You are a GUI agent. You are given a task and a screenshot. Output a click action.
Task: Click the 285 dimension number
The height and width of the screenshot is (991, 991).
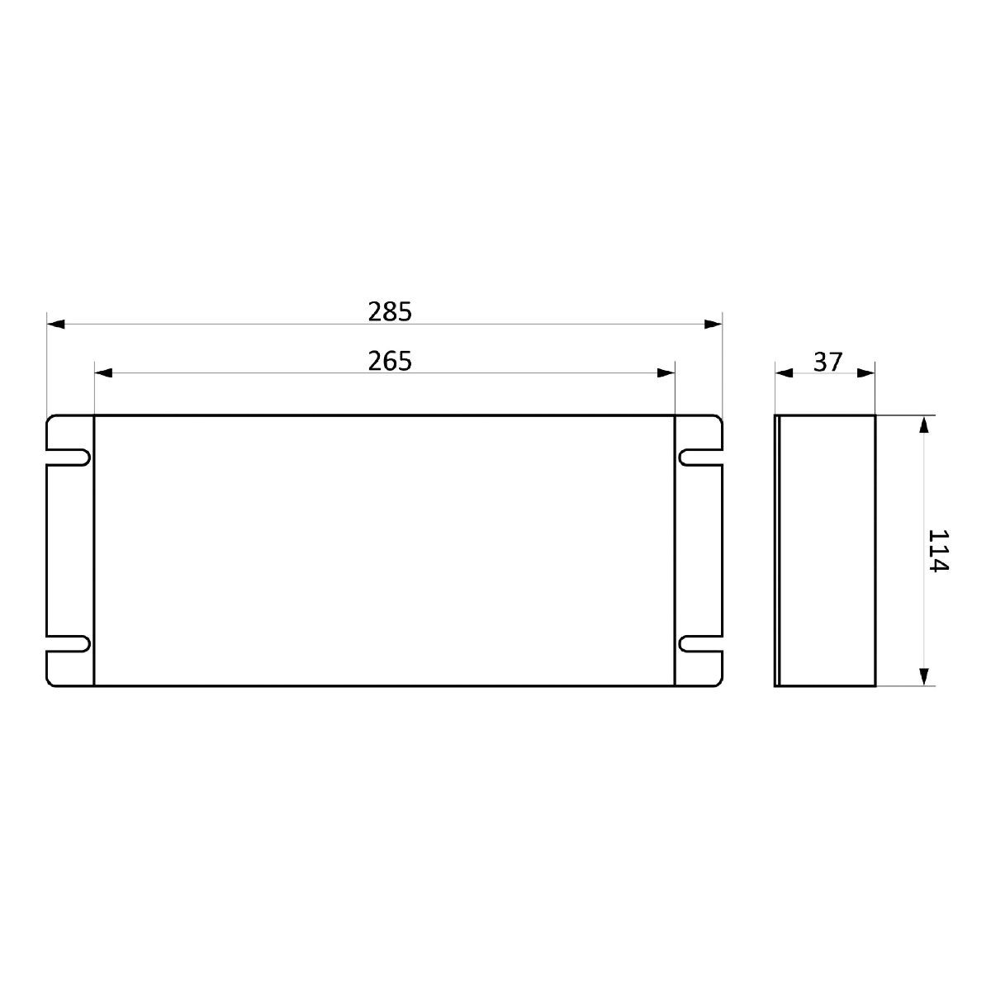click(390, 311)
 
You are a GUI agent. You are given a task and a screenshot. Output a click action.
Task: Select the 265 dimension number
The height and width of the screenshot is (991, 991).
click(390, 361)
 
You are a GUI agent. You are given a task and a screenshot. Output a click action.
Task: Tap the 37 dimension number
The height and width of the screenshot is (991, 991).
click(828, 362)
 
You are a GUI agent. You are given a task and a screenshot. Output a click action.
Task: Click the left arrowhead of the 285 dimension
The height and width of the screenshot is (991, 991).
click(55, 324)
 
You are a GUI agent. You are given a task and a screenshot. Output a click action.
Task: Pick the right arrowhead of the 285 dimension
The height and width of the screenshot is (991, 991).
click(714, 324)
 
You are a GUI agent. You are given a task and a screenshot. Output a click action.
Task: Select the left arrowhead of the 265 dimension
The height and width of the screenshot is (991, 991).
click(103, 372)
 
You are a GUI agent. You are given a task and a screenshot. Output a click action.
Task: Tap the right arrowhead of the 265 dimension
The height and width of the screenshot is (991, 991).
click(666, 372)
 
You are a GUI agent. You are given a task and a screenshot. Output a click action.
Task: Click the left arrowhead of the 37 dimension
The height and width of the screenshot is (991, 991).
click(784, 372)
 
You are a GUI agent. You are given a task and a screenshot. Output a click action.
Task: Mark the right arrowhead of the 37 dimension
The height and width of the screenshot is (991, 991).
click(866, 372)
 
